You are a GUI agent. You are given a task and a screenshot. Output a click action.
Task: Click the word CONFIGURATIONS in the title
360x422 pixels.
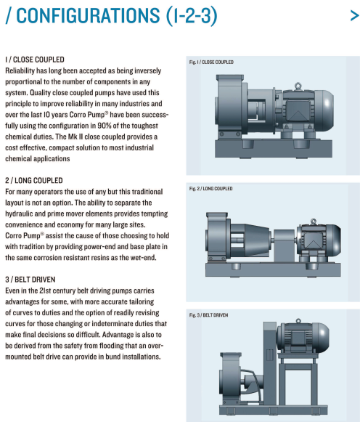(x=88, y=15)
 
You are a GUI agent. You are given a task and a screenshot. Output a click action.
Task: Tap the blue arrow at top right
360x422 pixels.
(x=355, y=15)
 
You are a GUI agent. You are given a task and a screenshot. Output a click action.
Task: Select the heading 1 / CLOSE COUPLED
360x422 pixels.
(x=35, y=60)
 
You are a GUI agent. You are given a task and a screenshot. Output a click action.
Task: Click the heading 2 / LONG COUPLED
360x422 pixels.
(x=34, y=180)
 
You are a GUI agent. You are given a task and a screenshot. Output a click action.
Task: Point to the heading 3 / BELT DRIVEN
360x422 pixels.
(x=30, y=280)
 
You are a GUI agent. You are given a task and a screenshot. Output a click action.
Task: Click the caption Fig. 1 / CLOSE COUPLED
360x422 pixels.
(x=211, y=62)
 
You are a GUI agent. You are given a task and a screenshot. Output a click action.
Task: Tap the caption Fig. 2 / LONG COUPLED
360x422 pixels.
(x=210, y=189)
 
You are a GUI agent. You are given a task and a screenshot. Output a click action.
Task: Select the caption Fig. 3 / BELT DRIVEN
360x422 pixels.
(x=208, y=315)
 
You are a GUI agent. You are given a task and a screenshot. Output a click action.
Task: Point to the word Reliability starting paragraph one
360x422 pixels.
(x=20, y=70)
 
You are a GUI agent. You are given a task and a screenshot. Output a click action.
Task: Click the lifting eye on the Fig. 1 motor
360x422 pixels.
(x=298, y=86)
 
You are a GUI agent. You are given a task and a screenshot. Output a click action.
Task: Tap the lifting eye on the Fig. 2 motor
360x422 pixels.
(x=313, y=222)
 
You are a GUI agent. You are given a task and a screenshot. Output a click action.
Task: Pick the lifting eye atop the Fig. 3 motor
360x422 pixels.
(x=298, y=321)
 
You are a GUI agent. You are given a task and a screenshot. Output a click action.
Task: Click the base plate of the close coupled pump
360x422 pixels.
(x=274, y=148)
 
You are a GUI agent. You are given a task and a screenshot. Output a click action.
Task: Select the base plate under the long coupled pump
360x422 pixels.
(x=273, y=269)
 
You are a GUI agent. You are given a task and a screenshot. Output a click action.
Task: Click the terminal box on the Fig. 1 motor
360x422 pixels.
(x=298, y=110)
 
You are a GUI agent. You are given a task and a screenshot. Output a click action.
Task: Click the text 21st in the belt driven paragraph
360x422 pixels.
(x=45, y=291)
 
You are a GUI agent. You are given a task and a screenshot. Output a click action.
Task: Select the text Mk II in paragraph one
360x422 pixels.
(x=75, y=137)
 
